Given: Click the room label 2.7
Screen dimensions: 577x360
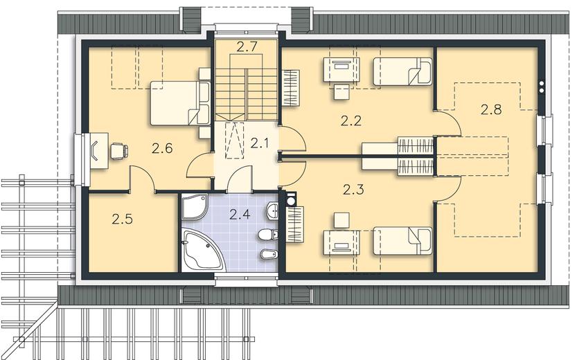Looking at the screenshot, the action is point(247,46).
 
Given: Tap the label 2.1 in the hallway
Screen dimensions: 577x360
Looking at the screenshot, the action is point(260,143).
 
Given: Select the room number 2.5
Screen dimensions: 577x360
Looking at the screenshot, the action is point(122,219).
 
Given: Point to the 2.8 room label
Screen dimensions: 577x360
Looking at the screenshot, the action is point(491,109).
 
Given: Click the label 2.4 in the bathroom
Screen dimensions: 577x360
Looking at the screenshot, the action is point(240,214).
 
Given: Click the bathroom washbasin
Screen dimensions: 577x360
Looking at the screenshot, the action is point(272,210).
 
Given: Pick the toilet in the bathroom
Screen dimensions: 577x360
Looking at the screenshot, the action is point(268,234).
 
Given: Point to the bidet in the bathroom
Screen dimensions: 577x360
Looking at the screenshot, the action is point(269,254).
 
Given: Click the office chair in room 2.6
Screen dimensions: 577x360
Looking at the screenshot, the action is point(119,151).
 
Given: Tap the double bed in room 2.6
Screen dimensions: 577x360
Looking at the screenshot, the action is point(180,103).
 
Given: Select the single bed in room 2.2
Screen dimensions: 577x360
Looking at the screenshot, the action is point(402,71).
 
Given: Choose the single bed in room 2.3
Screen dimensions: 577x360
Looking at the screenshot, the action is point(402,241).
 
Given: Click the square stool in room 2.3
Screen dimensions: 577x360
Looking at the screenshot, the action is point(341,220).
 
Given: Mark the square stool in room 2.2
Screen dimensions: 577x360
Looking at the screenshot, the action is point(341,92).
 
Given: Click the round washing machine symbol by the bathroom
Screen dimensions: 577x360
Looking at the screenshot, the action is point(291,200).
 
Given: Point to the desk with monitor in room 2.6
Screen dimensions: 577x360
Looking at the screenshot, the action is point(99,151).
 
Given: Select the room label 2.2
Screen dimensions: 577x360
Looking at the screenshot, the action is point(350,120).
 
